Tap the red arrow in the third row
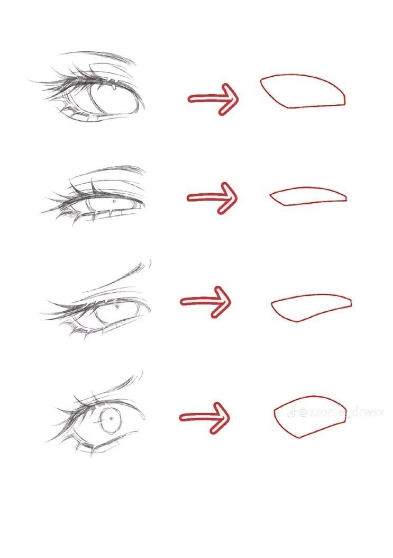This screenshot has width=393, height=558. point(206,302)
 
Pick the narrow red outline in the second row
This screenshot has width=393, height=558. point(308,196)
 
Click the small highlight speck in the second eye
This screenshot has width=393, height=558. point(114,202)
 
